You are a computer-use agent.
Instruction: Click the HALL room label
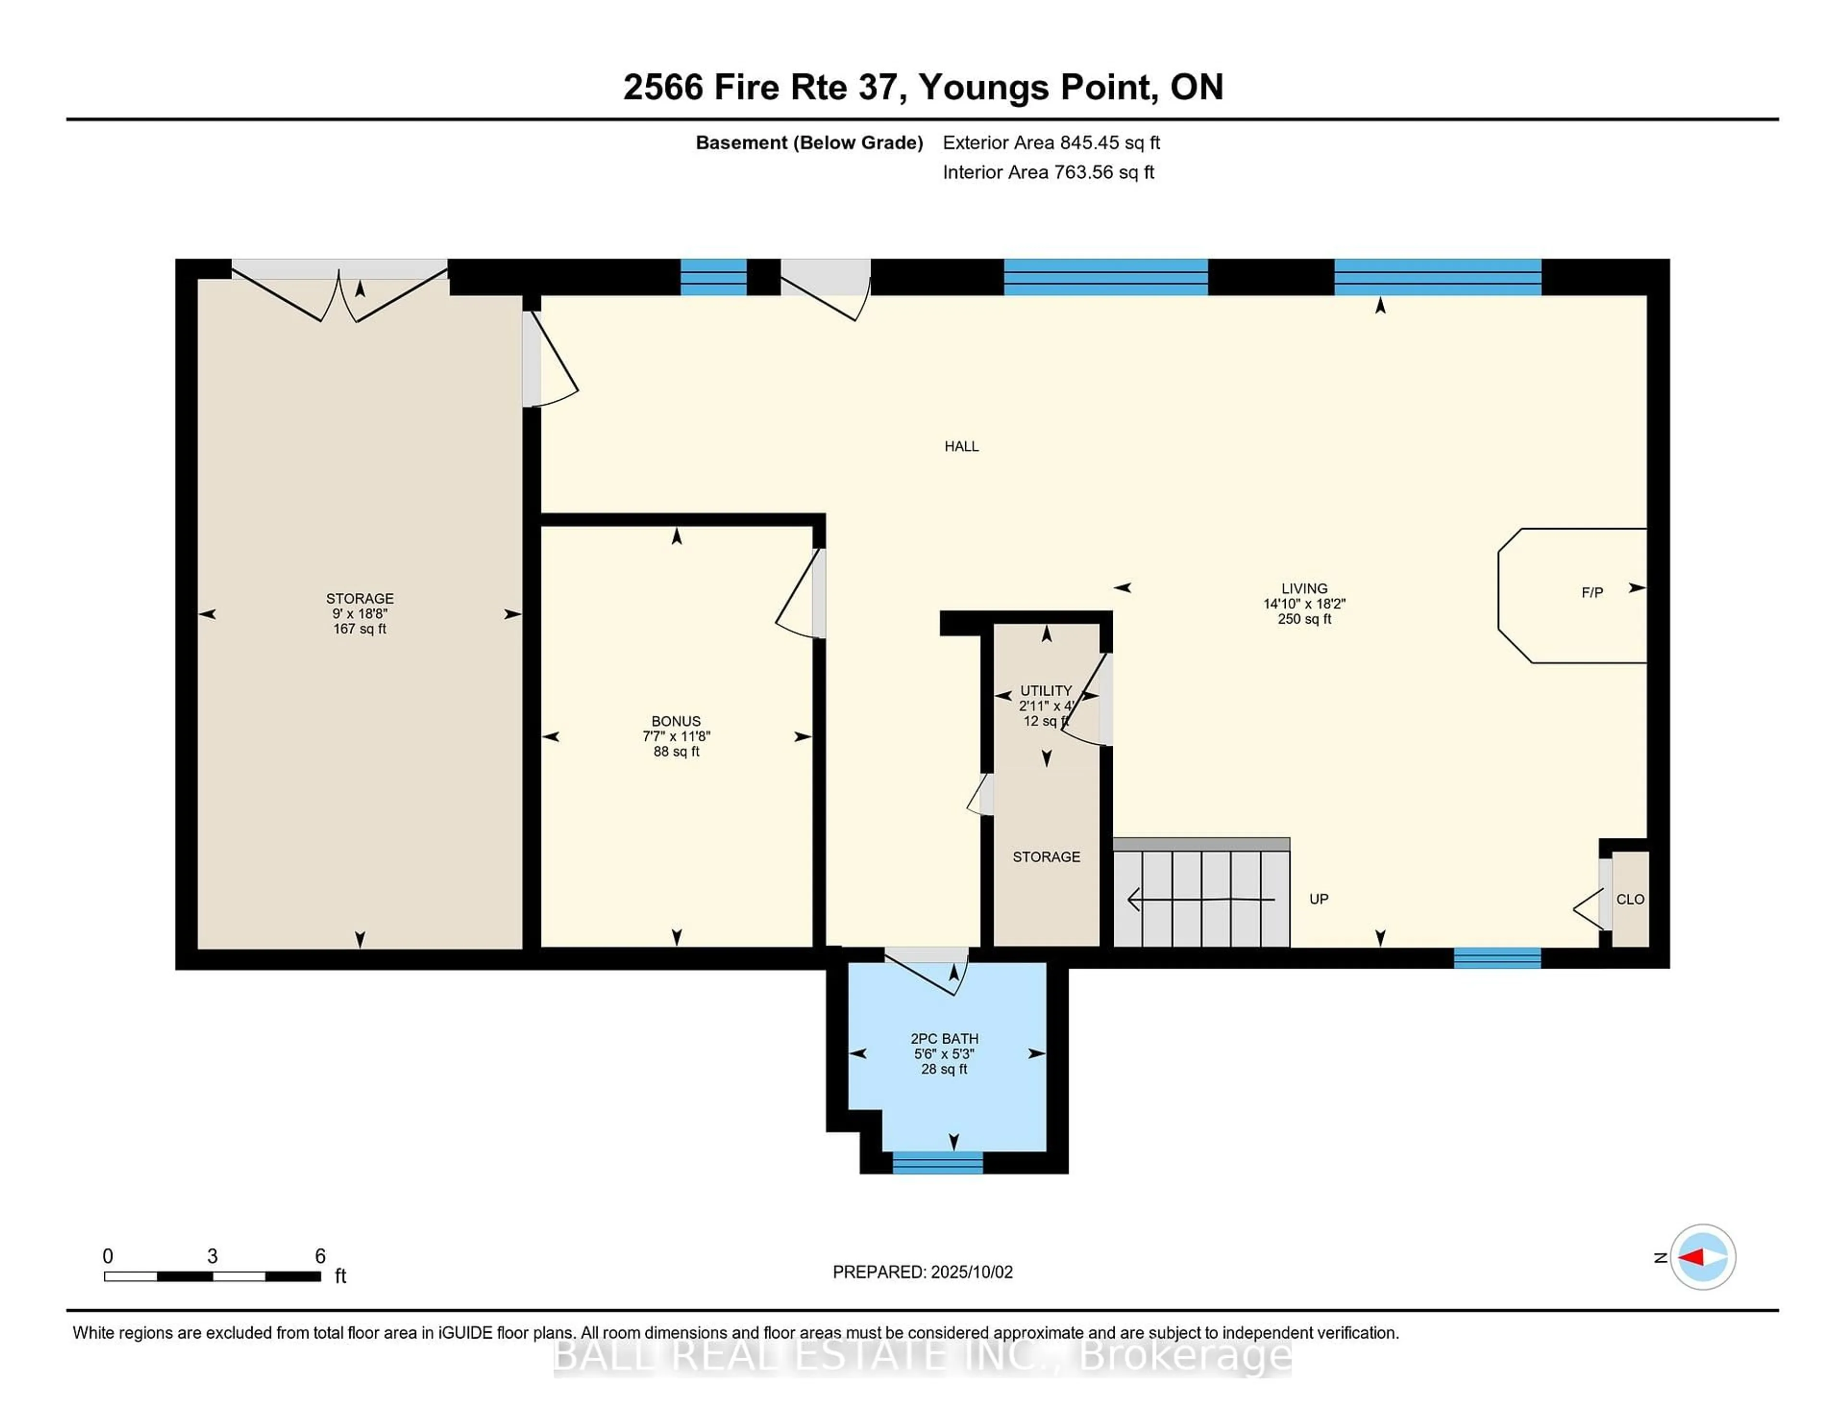click(961, 446)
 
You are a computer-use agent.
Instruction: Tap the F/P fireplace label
click(1592, 593)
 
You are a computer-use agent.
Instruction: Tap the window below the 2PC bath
click(938, 1163)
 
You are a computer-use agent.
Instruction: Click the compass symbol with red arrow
click(1702, 1257)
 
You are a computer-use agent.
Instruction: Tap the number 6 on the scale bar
click(320, 1256)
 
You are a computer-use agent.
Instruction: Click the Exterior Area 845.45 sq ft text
click(1051, 143)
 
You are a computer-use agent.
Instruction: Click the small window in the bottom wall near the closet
click(1497, 958)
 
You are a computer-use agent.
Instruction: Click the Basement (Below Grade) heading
click(809, 143)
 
